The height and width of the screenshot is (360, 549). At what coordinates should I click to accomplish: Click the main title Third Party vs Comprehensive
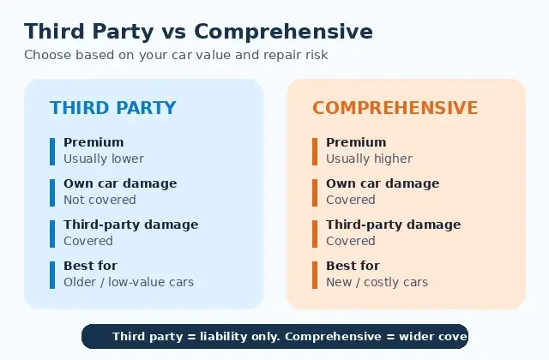(198, 32)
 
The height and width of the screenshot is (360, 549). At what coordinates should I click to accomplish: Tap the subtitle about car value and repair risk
(176, 55)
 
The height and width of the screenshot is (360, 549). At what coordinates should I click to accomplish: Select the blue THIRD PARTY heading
(112, 108)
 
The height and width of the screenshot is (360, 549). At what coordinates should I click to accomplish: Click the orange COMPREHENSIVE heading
(395, 108)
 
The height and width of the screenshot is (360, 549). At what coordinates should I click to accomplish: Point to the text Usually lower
(104, 159)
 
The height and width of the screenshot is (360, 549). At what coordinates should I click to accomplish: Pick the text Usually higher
(369, 159)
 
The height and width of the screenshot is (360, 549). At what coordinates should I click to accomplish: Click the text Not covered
(100, 200)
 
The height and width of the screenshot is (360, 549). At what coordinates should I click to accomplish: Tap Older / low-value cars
(129, 282)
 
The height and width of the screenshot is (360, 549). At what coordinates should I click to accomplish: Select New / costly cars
(377, 282)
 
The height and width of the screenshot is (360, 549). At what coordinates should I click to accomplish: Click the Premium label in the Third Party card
(94, 142)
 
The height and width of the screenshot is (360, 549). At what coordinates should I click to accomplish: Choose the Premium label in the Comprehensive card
(356, 142)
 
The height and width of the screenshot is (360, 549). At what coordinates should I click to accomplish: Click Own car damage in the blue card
(120, 183)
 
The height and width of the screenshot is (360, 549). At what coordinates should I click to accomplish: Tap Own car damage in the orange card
(383, 183)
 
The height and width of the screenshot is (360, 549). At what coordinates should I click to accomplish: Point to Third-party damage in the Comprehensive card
(394, 225)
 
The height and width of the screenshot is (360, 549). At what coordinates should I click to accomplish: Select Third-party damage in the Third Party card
(130, 225)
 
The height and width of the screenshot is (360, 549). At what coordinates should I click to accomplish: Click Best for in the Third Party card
(90, 266)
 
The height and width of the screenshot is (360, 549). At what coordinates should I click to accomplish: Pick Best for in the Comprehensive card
(353, 266)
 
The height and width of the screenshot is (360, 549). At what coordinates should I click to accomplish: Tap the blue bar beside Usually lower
(52, 151)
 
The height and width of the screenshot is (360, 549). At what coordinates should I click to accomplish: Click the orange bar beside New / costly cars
(315, 274)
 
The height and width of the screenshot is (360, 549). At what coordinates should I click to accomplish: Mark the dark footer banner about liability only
(274, 336)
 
